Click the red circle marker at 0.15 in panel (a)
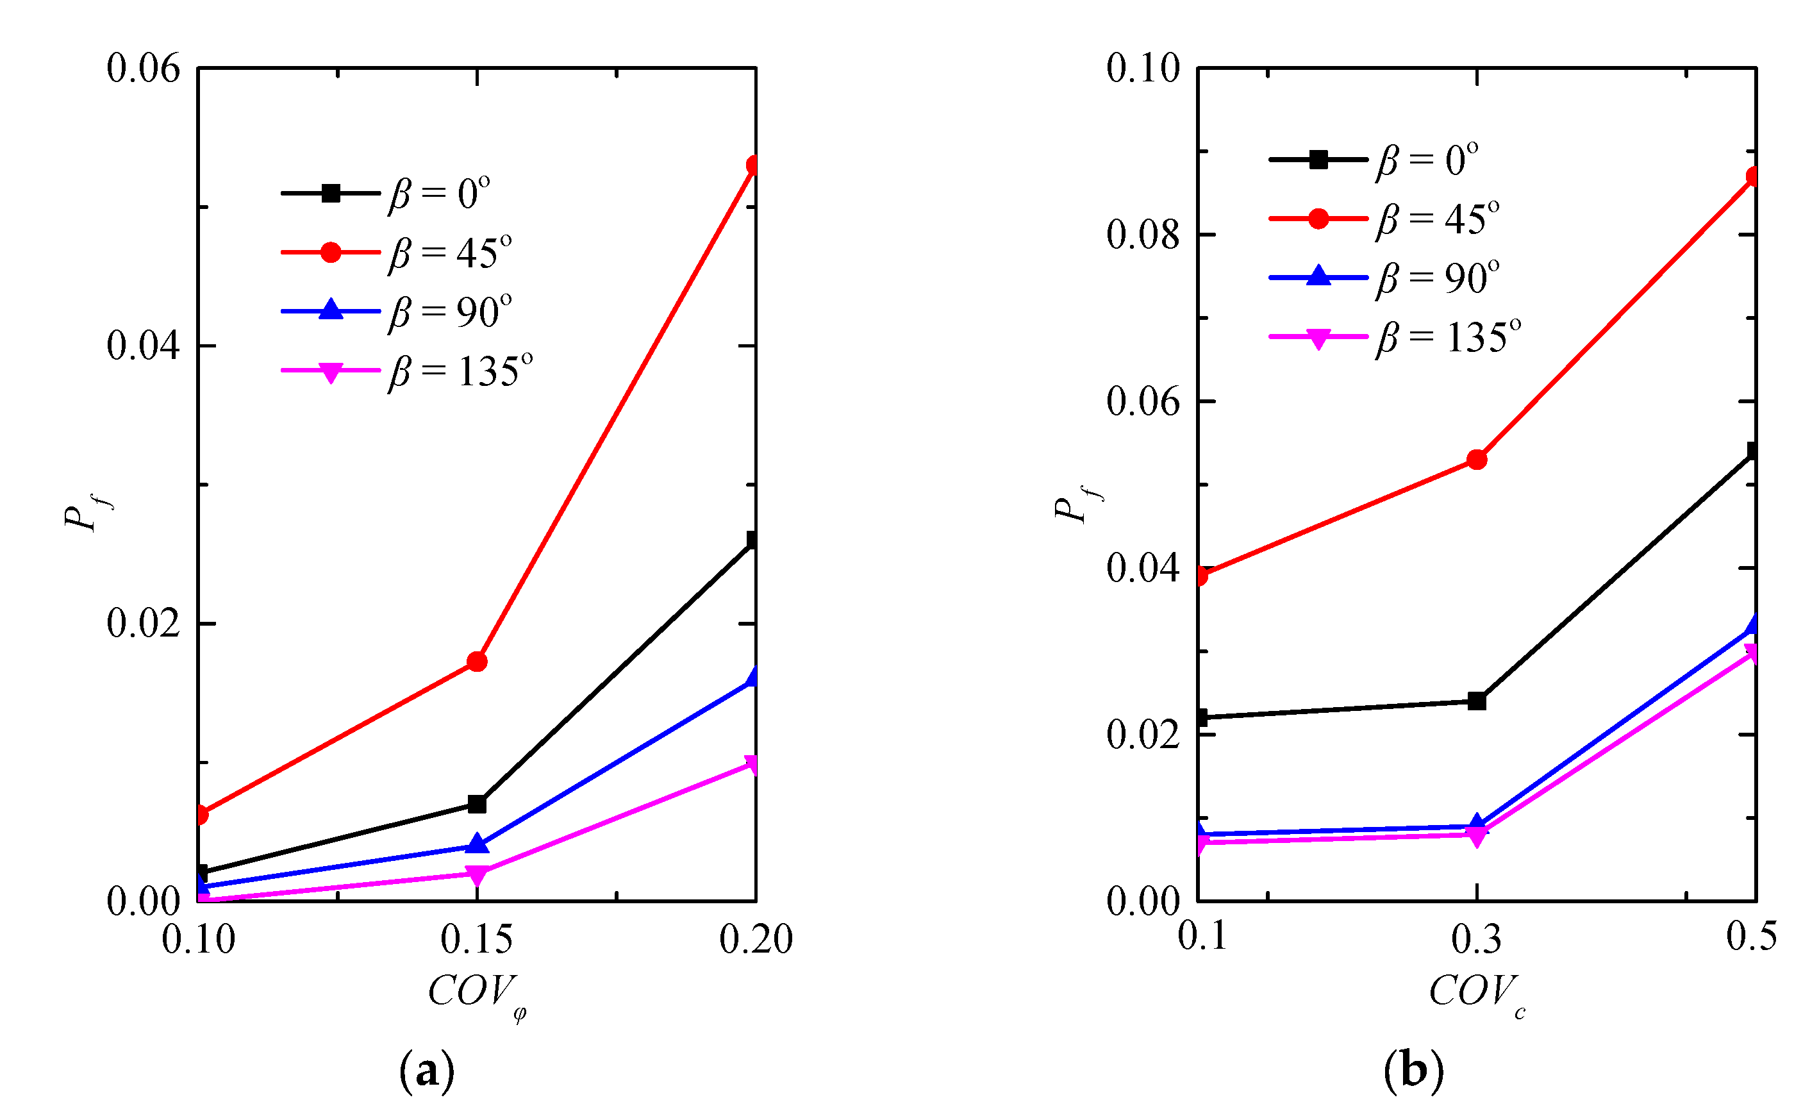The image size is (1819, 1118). coord(478,661)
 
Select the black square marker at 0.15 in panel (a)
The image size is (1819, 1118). coord(478,804)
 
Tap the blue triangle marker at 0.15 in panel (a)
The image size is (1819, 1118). coord(478,844)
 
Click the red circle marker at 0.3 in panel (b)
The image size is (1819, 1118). coord(1477,460)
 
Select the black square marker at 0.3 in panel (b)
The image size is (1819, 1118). coord(1477,701)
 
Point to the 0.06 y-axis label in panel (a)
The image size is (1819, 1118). coord(144,68)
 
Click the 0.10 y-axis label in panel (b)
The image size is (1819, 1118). coord(1143,68)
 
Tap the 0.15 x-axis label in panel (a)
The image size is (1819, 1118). coord(477,940)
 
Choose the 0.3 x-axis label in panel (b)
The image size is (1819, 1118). coord(1477,940)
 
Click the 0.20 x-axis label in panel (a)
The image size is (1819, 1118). coord(756,940)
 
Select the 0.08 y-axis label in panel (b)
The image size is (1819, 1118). coord(1143,235)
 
